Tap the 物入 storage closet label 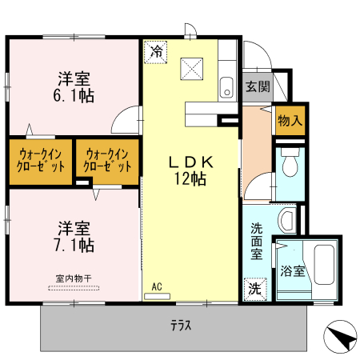290,121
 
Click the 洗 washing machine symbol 254,287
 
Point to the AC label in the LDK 157,286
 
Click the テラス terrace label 180,326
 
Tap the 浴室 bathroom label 293,271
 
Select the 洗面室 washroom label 256,241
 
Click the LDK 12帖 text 191,170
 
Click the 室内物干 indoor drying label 74,278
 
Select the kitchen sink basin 226,87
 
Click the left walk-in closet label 41,161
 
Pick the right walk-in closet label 107,161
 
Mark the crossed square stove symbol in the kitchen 192,67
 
